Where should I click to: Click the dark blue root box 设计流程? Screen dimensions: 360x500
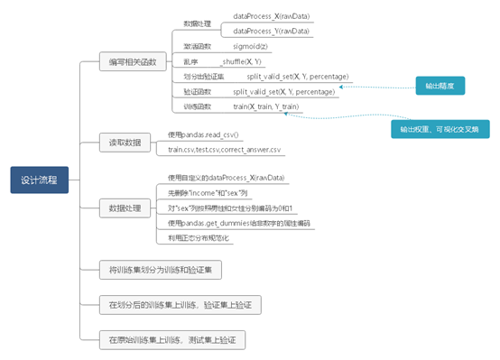tap(39, 180)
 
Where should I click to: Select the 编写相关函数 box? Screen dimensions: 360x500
tap(132, 62)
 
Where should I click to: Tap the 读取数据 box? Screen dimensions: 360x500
tap(125, 142)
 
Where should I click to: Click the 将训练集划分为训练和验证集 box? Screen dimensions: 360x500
tap(159, 269)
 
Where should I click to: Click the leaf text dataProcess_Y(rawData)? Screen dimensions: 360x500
tap(271, 31)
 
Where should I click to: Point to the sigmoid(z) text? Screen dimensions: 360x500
tap(251, 46)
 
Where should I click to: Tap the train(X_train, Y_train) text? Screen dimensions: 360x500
tap(268, 106)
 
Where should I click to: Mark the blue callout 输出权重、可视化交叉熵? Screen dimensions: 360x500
tap(439, 129)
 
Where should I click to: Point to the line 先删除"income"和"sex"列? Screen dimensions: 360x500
tap(215, 193)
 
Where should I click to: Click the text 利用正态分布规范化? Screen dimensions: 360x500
tap(199, 237)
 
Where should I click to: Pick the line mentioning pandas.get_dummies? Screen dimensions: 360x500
tap(238, 222)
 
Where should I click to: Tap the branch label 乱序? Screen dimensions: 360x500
tap(191, 61)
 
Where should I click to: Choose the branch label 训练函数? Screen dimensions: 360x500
tap(197, 106)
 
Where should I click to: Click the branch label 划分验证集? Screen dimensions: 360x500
tap(199, 77)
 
